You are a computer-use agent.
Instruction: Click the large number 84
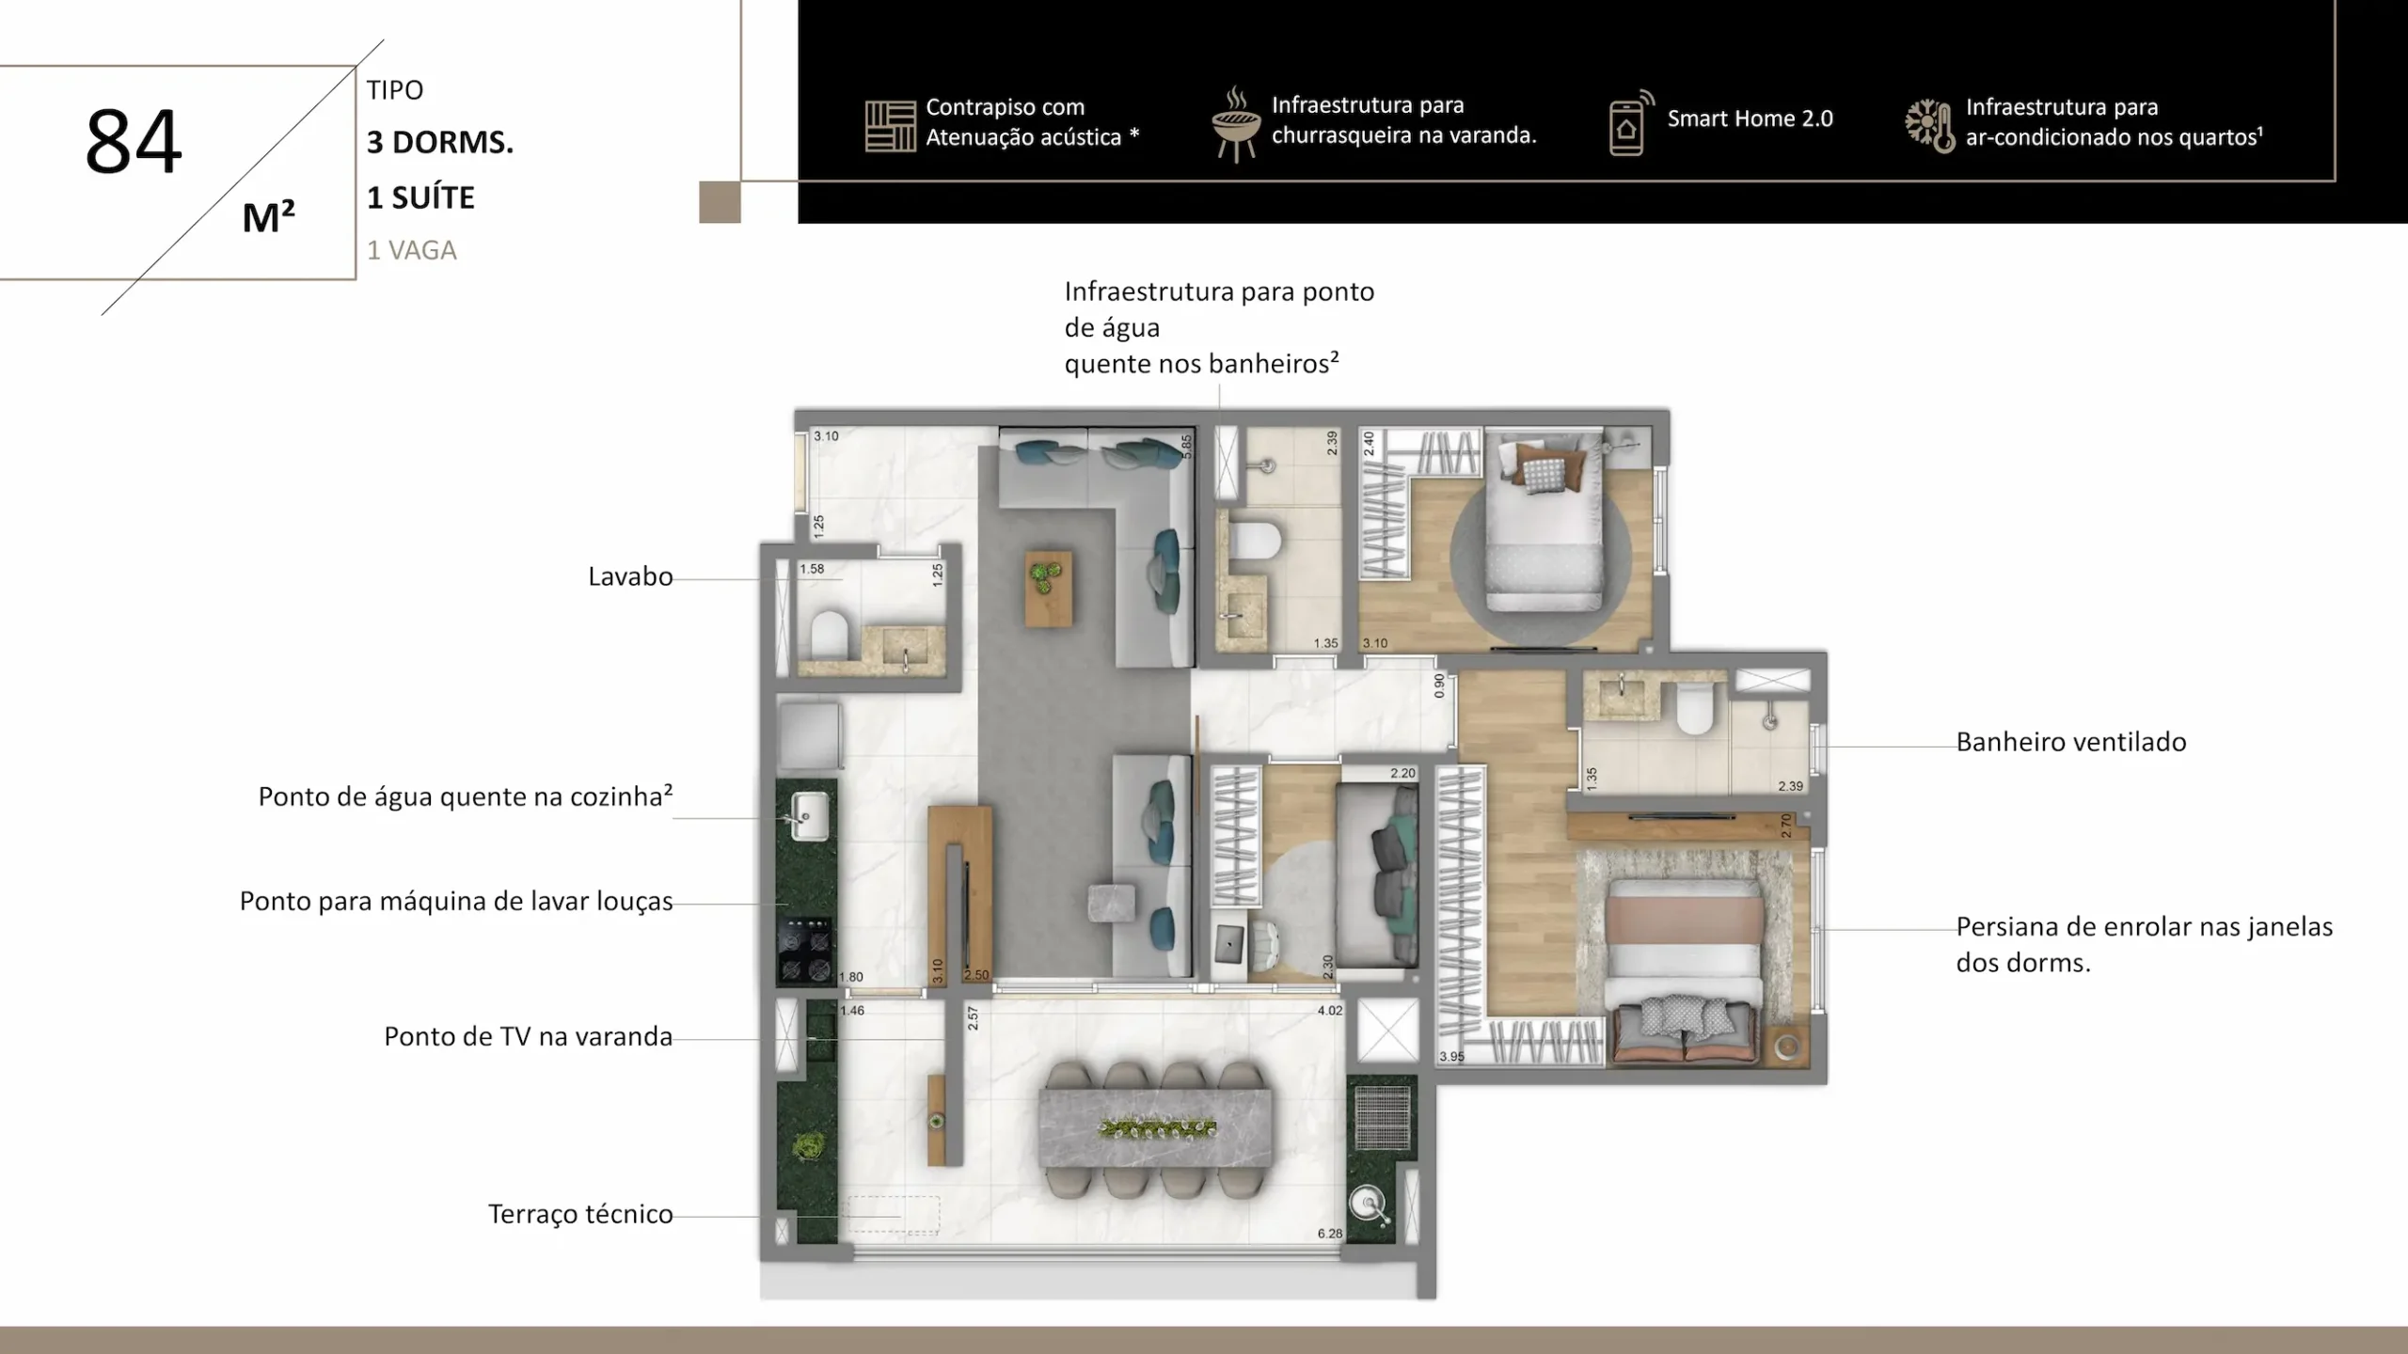[x=134, y=141]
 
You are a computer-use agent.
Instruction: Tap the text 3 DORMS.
[x=440, y=143]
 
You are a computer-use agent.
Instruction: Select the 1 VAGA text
[x=412, y=250]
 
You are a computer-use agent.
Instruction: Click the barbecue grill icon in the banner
[x=1236, y=124]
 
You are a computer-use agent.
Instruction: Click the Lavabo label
[x=630, y=576]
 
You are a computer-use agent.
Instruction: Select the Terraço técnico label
[x=580, y=1214]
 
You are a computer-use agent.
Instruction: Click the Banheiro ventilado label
[x=2071, y=742]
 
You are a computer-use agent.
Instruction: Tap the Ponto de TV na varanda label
[x=528, y=1036]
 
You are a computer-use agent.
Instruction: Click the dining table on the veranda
[x=1155, y=1127]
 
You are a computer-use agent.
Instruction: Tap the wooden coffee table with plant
[x=1048, y=589]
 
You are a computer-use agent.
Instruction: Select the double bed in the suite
[x=1684, y=971]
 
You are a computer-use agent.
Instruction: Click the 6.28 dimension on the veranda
[x=1330, y=1234]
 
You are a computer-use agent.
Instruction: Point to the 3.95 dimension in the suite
[x=1451, y=1057]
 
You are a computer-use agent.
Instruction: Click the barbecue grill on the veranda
[x=1382, y=1117]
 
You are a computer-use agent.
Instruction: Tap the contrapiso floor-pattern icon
[x=890, y=126]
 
